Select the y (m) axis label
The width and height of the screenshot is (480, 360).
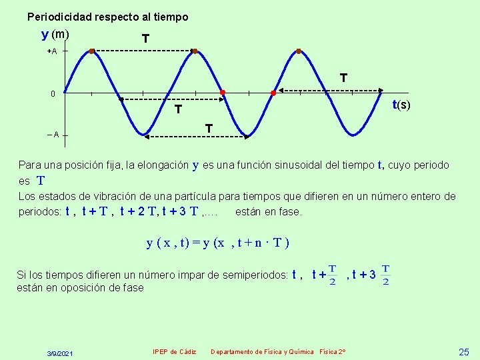click(55, 34)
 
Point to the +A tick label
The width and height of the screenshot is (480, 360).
click(51, 51)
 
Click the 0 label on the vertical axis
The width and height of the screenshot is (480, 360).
click(53, 93)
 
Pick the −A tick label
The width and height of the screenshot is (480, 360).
click(53, 135)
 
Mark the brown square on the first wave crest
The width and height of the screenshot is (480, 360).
click(92, 51)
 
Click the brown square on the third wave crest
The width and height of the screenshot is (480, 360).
click(299, 51)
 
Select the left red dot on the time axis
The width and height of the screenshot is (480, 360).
click(223, 92)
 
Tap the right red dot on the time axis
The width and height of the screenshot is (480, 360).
click(273, 93)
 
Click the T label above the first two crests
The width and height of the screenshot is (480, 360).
click(145, 40)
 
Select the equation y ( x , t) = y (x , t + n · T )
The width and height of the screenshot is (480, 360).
click(217, 242)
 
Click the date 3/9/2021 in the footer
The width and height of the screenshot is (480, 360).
click(61, 352)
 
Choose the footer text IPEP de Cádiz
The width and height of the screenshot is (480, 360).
click(174, 351)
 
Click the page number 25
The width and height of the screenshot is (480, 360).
click(464, 351)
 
